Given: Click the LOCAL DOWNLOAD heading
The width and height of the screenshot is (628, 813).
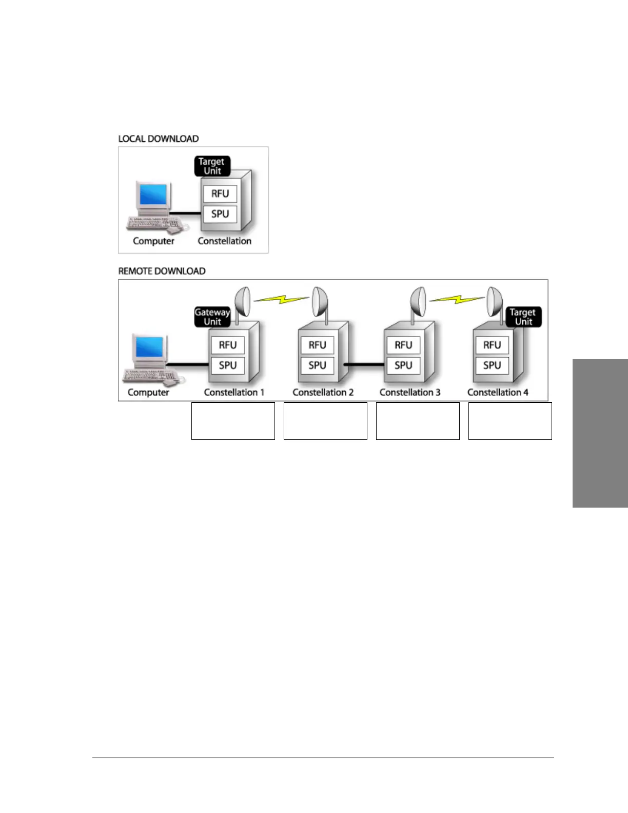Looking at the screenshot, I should (159, 139).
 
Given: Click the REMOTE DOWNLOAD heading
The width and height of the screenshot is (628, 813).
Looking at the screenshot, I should (162, 271).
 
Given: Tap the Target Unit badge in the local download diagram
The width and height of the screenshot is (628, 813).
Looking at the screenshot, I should (212, 166).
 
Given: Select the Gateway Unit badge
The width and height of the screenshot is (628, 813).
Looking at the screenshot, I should (212, 317).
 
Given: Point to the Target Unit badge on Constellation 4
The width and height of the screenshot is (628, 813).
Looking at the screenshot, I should (523, 317).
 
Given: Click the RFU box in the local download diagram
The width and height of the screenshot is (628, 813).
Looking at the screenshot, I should (220, 193).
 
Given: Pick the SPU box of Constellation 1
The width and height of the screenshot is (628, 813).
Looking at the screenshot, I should (228, 365).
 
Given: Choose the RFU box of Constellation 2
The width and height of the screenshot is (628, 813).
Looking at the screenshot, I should (317, 345).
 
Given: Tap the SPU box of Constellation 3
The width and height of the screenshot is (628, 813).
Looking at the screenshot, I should (403, 365).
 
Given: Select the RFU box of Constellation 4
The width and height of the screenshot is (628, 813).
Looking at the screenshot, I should (492, 345).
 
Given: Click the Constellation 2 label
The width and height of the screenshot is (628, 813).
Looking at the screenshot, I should (323, 392).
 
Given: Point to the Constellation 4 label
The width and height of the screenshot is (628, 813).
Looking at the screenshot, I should (498, 392).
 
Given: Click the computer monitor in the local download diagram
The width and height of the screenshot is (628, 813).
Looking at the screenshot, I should (153, 195).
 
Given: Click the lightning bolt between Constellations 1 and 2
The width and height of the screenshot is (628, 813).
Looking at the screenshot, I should (281, 298).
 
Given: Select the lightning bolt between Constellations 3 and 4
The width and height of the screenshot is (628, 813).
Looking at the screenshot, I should (457, 298).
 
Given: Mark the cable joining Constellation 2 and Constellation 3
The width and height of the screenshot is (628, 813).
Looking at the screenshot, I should (364, 365).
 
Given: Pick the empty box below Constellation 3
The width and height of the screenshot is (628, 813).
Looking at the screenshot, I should (418, 421).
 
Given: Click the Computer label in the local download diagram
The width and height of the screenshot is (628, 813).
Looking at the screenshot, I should (153, 241).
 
